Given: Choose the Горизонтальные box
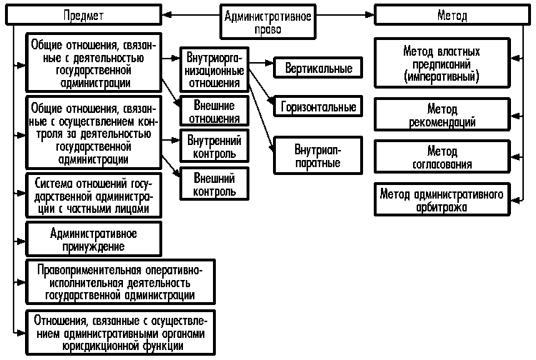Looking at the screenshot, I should pyautogui.click(x=317, y=106).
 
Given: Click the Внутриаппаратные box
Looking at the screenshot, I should pyautogui.click(x=317, y=155).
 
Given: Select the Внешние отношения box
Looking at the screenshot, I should pyautogui.click(x=214, y=111).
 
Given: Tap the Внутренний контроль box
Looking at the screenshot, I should pyautogui.click(x=214, y=145).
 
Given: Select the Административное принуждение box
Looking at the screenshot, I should pyautogui.click(x=94, y=240).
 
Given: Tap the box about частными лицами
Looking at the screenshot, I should pyautogui.click(x=94, y=195).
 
